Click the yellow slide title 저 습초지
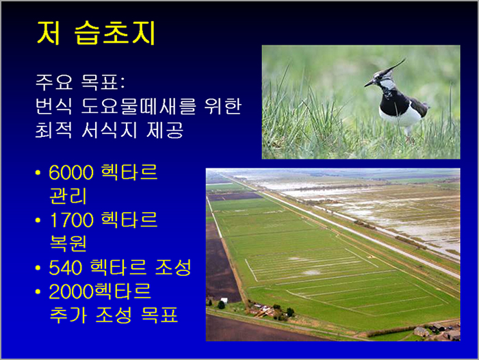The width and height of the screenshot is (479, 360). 96,33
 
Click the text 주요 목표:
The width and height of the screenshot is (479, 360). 80,82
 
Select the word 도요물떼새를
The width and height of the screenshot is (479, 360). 138,106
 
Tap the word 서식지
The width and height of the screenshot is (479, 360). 109,130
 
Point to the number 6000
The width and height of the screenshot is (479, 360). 71,172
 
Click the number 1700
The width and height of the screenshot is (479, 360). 71,220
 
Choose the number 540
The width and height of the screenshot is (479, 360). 66,268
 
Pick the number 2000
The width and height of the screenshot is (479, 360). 71,292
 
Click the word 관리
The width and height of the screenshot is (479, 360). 68,196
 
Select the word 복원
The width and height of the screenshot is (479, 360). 68,244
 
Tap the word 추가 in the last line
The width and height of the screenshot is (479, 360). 68,315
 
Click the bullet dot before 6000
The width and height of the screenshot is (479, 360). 38,172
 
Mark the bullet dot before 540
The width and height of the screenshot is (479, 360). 38,268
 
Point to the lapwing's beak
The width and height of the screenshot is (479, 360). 368,83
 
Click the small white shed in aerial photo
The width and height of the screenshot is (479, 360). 224,300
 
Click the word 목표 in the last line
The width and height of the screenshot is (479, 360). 159,315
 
